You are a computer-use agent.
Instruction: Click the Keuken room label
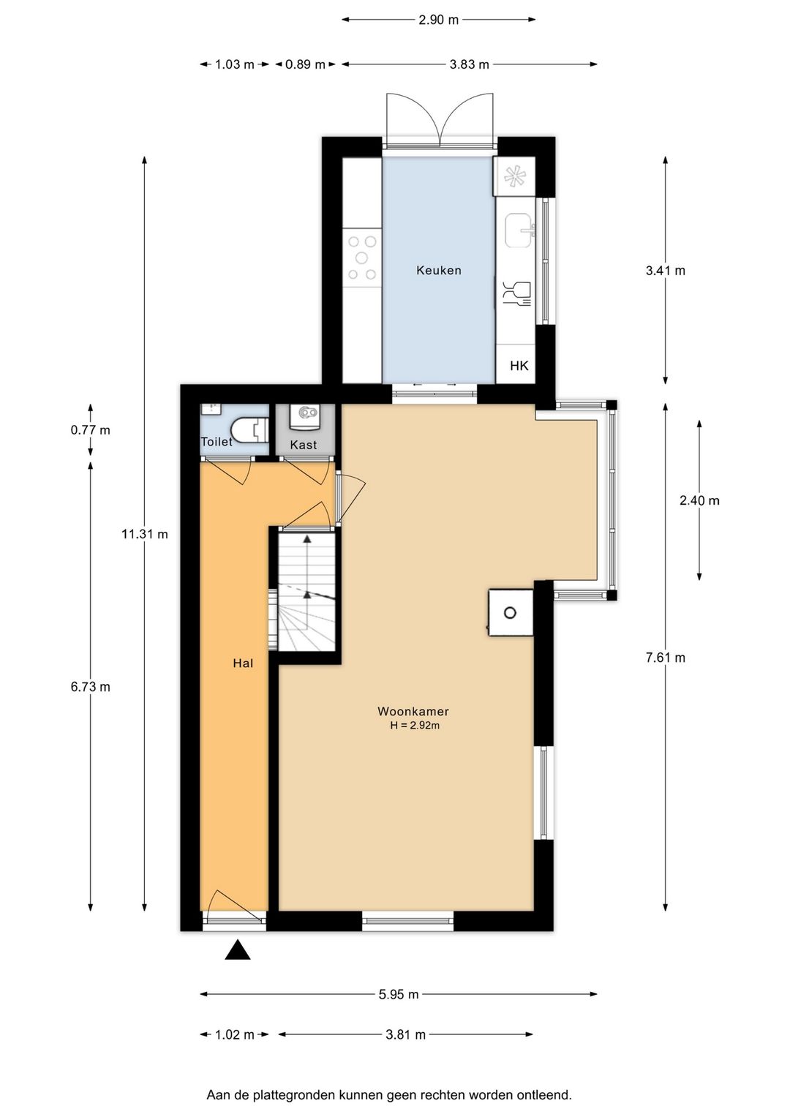(438, 270)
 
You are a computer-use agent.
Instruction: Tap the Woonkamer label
(413, 712)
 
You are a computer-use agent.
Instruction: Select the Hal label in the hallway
(243, 663)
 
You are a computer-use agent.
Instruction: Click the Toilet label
(217, 441)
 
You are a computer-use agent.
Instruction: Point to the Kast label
(304, 445)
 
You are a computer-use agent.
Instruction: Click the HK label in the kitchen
(519, 366)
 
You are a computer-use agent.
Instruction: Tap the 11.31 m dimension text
(145, 534)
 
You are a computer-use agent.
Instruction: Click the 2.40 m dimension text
(699, 500)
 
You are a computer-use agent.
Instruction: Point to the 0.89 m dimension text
(305, 64)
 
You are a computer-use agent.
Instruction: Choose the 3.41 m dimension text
(666, 270)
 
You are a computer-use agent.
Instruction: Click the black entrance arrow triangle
(238, 949)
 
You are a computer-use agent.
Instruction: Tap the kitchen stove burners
(362, 257)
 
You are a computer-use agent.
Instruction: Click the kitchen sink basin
(519, 230)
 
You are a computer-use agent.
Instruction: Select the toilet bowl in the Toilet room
(245, 430)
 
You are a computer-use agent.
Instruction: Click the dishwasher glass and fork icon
(516, 294)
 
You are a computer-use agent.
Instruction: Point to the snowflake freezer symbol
(515, 176)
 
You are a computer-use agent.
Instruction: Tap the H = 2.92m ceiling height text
(415, 726)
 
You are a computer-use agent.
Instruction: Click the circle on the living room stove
(510, 613)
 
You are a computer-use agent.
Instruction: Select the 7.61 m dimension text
(666, 658)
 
